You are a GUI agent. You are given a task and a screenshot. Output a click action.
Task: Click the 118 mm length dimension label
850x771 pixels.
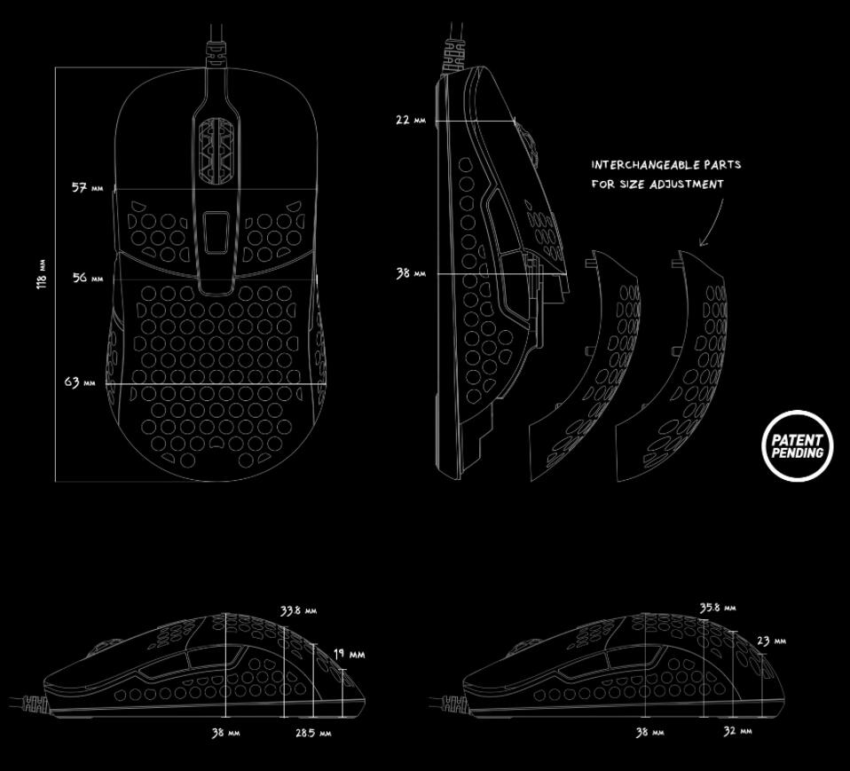pyautogui.click(x=42, y=275)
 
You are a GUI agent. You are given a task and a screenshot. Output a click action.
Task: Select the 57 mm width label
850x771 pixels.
pyautogui.click(x=87, y=188)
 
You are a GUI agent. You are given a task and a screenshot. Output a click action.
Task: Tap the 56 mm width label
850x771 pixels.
pyautogui.click(x=87, y=278)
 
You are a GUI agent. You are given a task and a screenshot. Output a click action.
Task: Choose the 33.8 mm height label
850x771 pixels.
pyautogui.click(x=298, y=610)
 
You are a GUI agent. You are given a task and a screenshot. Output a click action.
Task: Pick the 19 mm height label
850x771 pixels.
pyautogui.click(x=350, y=654)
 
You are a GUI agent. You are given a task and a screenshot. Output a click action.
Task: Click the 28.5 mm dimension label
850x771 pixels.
pyautogui.click(x=312, y=734)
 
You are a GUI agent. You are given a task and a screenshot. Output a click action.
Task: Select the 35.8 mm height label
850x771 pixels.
pyautogui.click(x=718, y=608)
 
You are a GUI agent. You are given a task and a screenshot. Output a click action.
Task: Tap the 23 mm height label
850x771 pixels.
pyautogui.click(x=770, y=641)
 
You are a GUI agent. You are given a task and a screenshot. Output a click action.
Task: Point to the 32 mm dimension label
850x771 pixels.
pyautogui.click(x=737, y=731)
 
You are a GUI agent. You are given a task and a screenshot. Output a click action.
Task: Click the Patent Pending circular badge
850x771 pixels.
pyautogui.click(x=797, y=445)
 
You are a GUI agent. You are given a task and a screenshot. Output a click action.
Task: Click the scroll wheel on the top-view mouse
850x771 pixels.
pyautogui.click(x=218, y=150)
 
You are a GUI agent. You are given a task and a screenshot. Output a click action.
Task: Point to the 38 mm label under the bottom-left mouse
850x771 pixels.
pyautogui.click(x=225, y=733)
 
